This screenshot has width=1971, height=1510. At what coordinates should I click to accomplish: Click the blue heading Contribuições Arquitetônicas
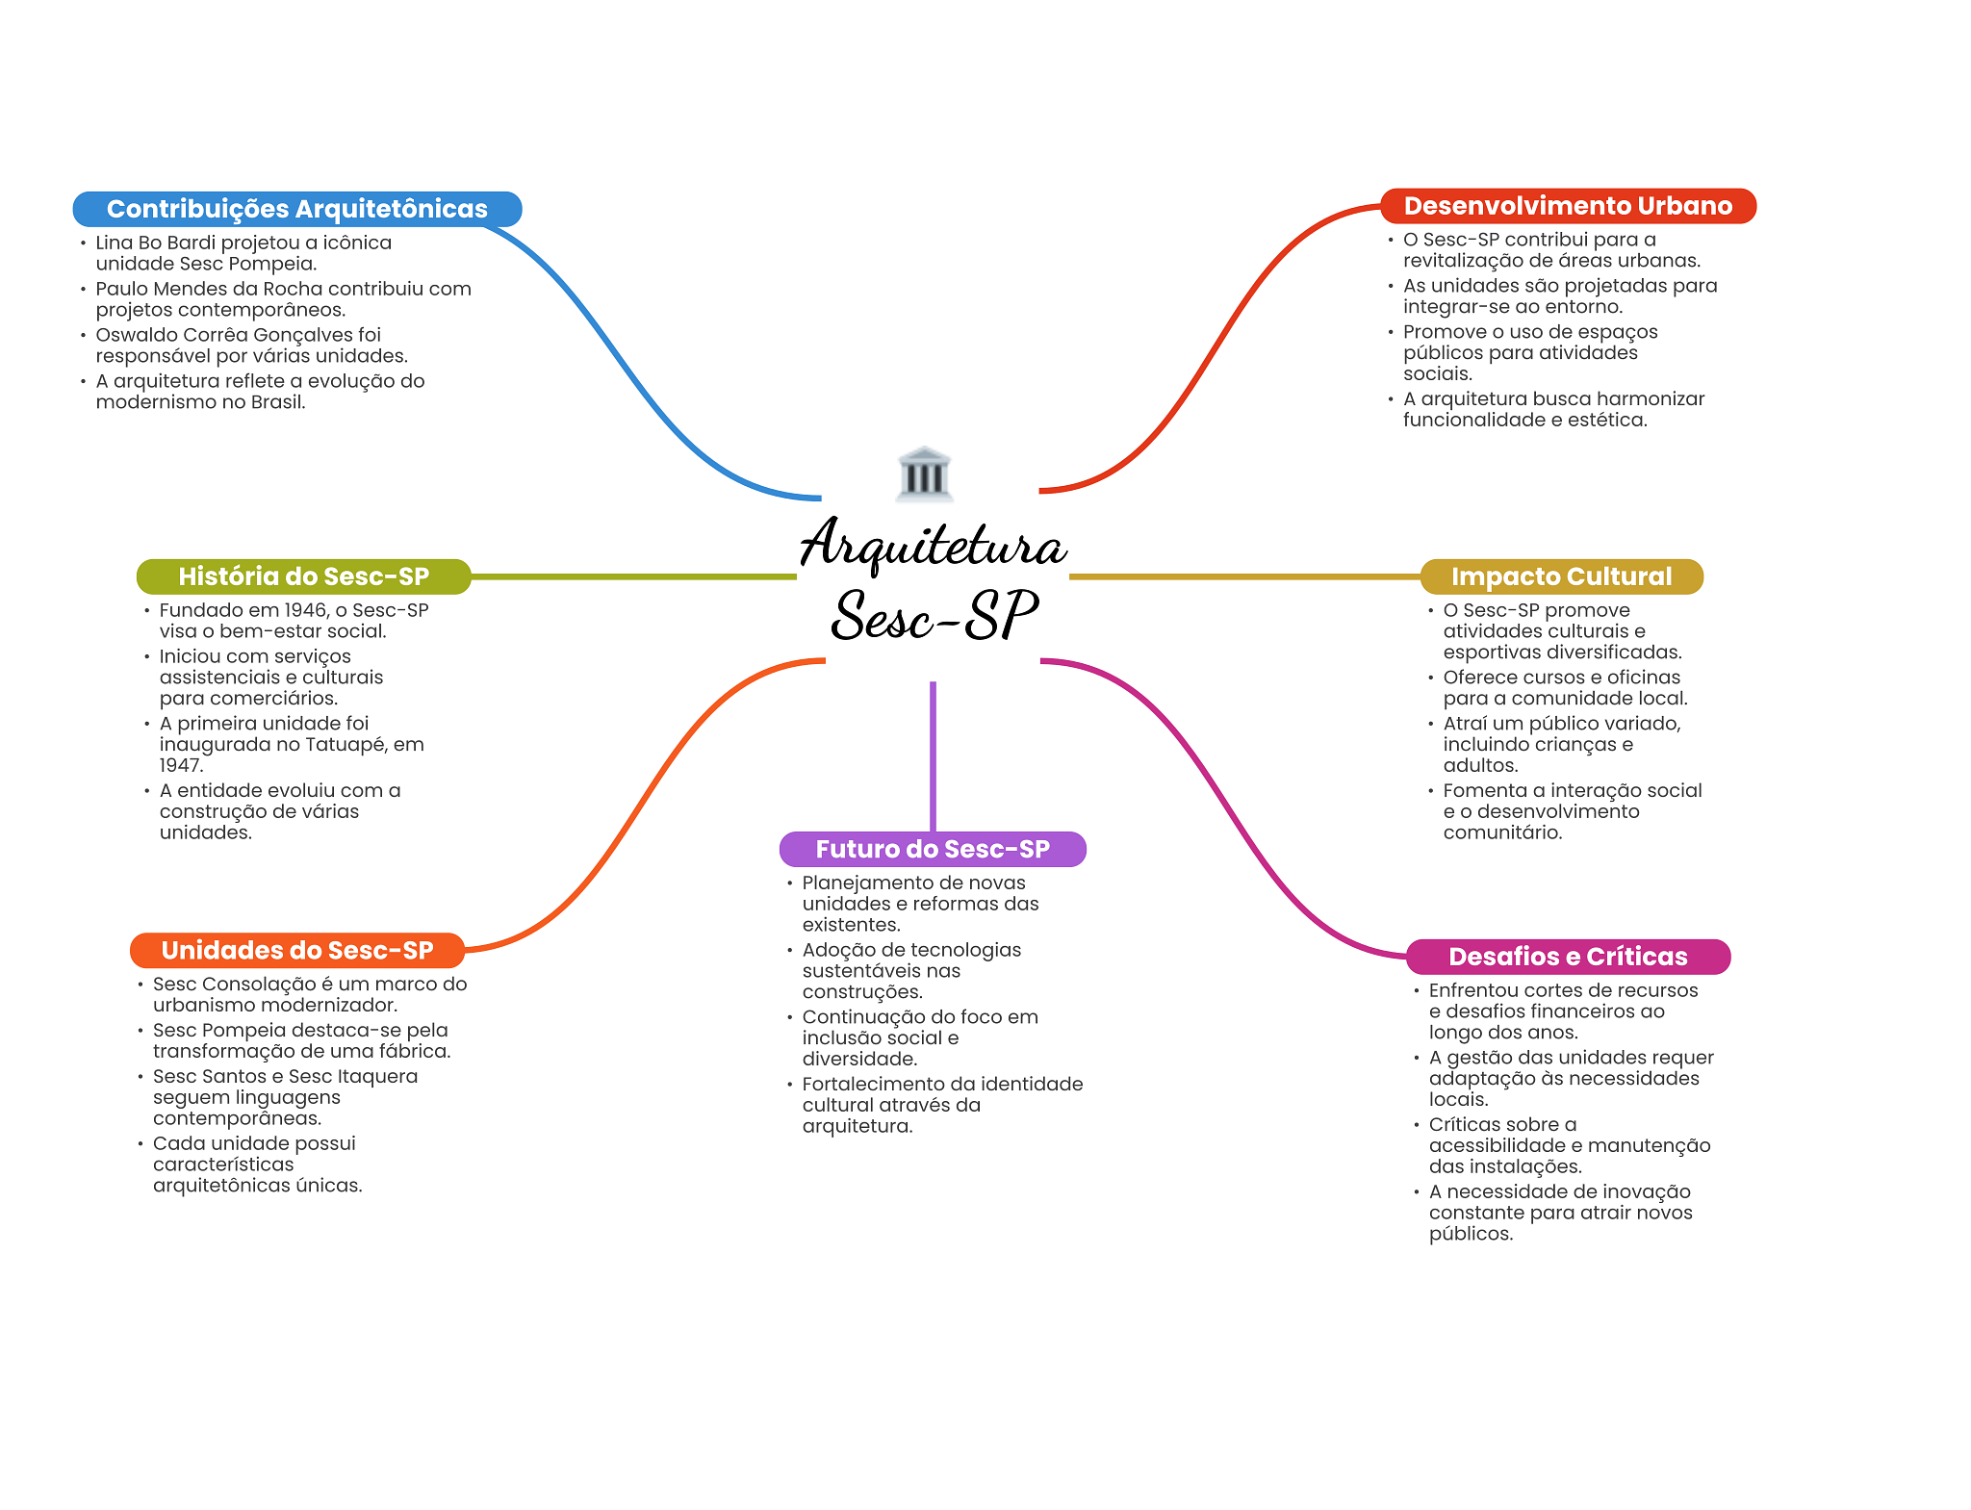click(296, 209)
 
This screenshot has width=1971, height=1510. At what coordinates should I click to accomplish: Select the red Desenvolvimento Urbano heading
click(1567, 206)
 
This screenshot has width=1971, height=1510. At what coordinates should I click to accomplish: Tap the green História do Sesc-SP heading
click(303, 576)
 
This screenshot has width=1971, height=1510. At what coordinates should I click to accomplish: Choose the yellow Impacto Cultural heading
click(1561, 576)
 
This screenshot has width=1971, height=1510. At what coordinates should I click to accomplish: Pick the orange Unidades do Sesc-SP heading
click(296, 951)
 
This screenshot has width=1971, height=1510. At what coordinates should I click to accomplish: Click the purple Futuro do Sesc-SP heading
click(932, 849)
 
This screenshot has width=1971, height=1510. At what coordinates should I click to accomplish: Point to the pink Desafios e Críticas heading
click(1567, 957)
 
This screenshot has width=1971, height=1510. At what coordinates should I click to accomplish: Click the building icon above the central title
click(924, 473)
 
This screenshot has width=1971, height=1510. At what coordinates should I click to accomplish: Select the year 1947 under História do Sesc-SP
click(181, 766)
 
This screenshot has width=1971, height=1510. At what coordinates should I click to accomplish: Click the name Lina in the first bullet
click(115, 243)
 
